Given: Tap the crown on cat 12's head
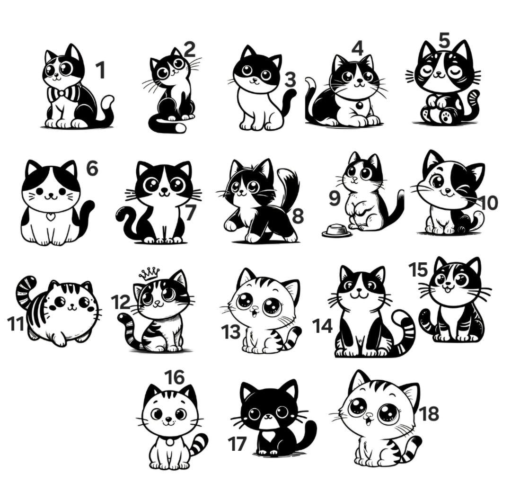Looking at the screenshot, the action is [150, 274].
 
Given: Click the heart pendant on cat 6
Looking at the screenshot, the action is [50, 216].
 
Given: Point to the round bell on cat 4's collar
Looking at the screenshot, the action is [359, 105].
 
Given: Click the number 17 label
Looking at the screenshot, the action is [237, 444].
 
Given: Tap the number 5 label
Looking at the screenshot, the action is [444, 40].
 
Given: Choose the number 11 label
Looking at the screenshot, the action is [16, 324].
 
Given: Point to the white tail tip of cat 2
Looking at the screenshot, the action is [180, 127].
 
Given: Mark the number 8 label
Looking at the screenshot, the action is [297, 216].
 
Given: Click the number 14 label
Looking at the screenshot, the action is [322, 326].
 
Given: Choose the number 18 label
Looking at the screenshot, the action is [429, 413].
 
